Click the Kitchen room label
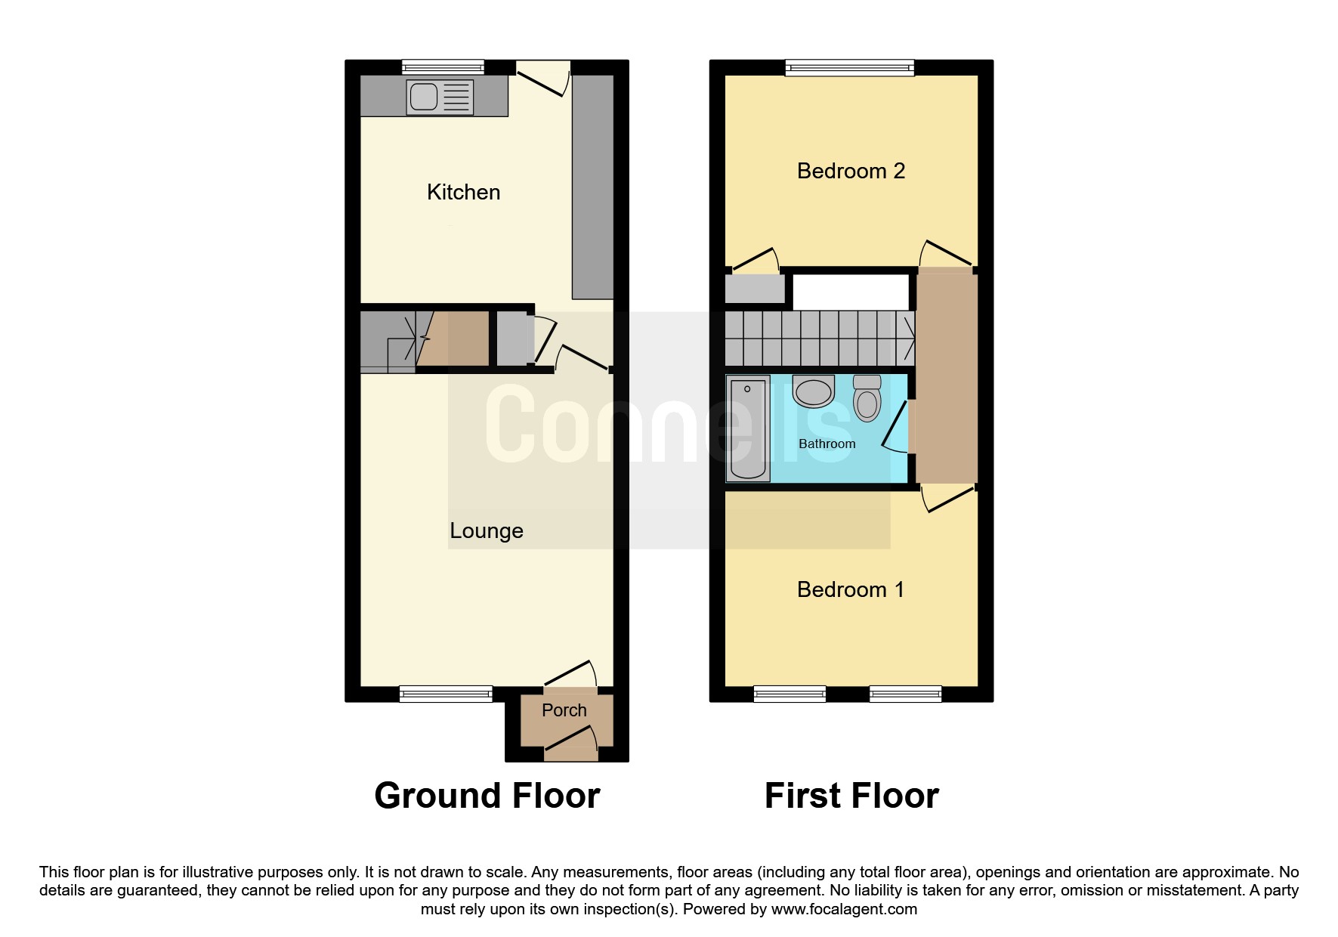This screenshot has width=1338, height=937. [463, 192]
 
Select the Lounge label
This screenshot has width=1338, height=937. [486, 530]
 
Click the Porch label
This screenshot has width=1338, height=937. [564, 710]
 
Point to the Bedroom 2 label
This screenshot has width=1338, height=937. [851, 171]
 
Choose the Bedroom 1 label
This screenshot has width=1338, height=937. [850, 589]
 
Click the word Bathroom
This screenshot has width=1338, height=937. [827, 444]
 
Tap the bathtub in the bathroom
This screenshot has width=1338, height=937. [747, 428]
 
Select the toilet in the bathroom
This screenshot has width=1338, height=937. [867, 397]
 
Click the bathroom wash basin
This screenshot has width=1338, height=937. [814, 391]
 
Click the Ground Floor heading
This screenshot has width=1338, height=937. [487, 796]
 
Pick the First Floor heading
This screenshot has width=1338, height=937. [851, 796]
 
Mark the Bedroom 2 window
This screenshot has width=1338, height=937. [849, 68]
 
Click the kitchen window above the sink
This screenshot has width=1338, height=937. [443, 67]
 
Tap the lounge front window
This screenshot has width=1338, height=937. [446, 694]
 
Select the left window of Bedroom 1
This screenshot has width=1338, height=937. [790, 694]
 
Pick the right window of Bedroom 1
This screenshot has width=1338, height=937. [905, 694]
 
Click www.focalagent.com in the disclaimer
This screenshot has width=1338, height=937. [844, 909]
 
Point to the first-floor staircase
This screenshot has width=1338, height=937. [820, 338]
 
